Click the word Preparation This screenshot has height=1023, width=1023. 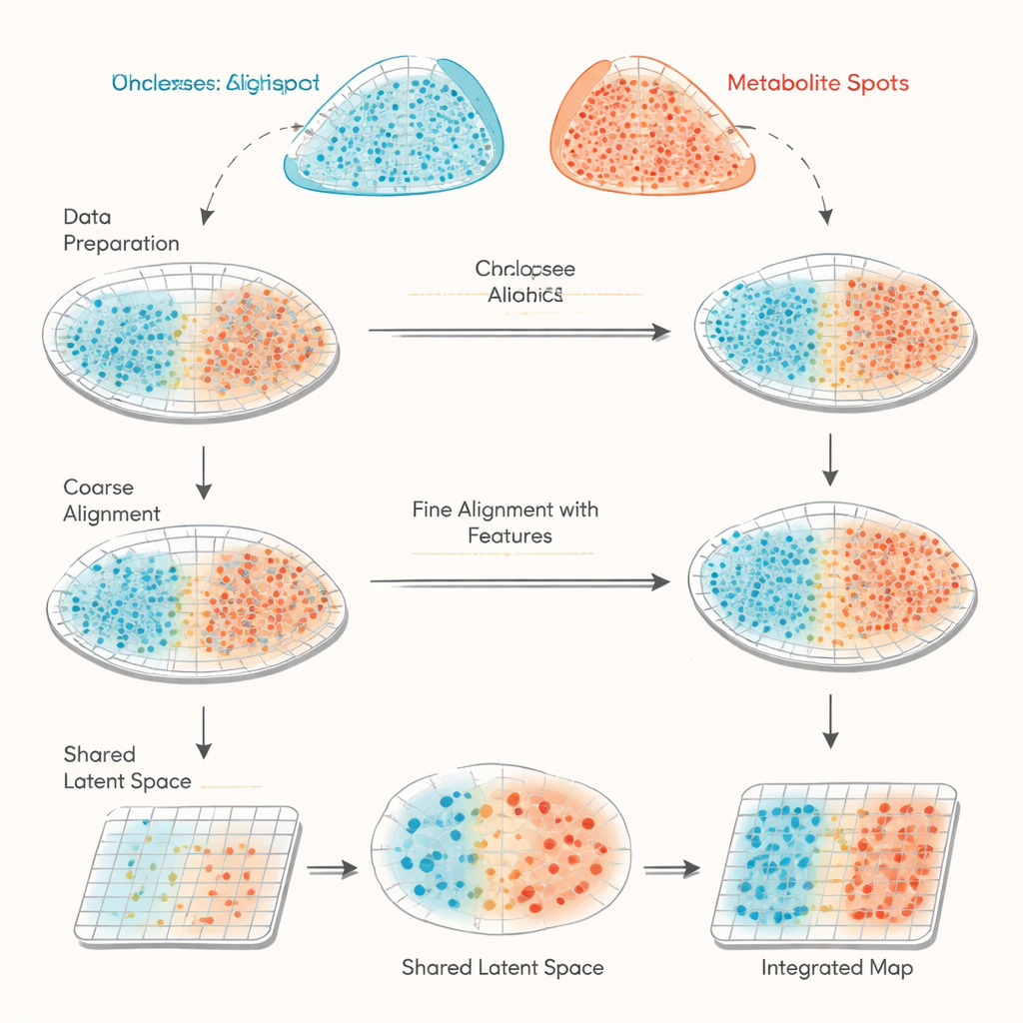[121, 243]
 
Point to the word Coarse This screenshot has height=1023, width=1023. [98, 488]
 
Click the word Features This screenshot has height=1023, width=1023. [509, 535]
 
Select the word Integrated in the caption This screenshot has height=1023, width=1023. [811, 967]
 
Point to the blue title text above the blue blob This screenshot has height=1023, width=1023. [215, 83]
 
